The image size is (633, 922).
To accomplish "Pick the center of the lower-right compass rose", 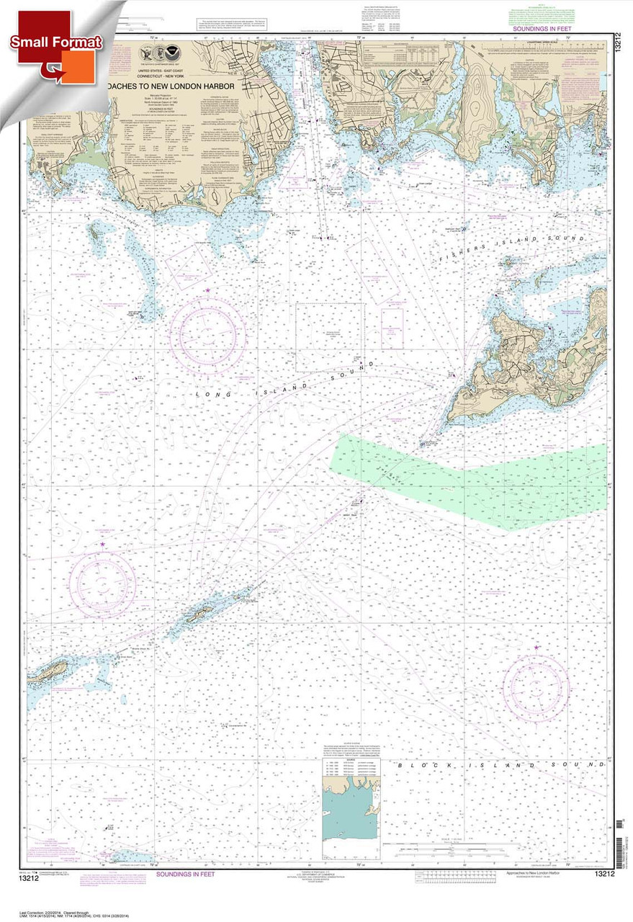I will click(536, 684).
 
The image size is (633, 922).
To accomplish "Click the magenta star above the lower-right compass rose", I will click(537, 648).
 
